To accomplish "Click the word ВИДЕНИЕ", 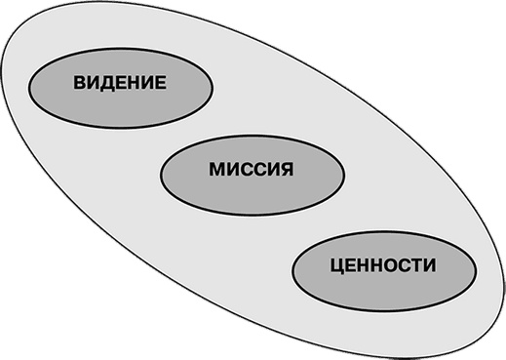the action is pyautogui.click(x=120, y=85).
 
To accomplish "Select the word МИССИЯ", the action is pyautogui.click(x=251, y=170).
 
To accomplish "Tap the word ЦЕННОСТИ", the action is pyautogui.click(x=382, y=263).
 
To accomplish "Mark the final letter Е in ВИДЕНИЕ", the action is pyautogui.click(x=160, y=85).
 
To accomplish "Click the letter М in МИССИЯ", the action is pyautogui.click(x=215, y=170).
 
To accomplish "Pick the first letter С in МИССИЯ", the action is pyautogui.click(x=245, y=170).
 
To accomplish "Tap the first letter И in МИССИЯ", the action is pyautogui.click(x=231, y=170).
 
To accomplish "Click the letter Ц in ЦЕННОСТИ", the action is pyautogui.click(x=336, y=264).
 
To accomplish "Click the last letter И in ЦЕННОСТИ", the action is pyautogui.click(x=430, y=263).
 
